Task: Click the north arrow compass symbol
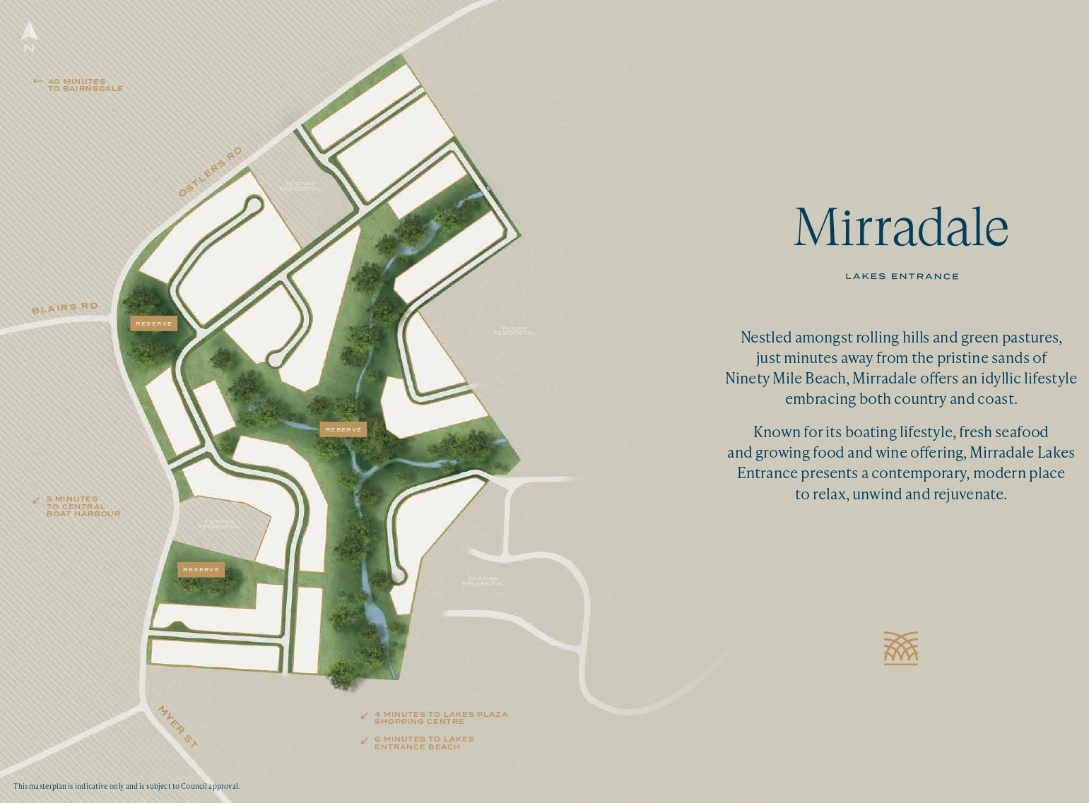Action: (29, 32)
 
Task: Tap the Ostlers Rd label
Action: (210, 172)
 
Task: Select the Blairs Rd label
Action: (64, 308)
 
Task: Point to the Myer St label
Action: (177, 725)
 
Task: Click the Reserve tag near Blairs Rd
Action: (153, 323)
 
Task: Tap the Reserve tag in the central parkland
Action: (343, 429)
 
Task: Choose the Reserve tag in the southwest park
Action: (201, 569)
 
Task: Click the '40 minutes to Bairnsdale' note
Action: (85, 85)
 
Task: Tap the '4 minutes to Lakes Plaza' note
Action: (440, 718)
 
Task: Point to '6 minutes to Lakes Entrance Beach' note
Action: (423, 742)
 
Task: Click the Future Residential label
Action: (514, 331)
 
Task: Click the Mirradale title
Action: (901, 227)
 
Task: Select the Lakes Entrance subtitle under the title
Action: (902, 276)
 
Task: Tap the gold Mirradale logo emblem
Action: (901, 648)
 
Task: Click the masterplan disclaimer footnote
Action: (126, 786)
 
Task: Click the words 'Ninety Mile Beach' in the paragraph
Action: (785, 378)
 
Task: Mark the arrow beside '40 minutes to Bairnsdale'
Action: (37, 81)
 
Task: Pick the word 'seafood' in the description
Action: (1022, 432)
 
